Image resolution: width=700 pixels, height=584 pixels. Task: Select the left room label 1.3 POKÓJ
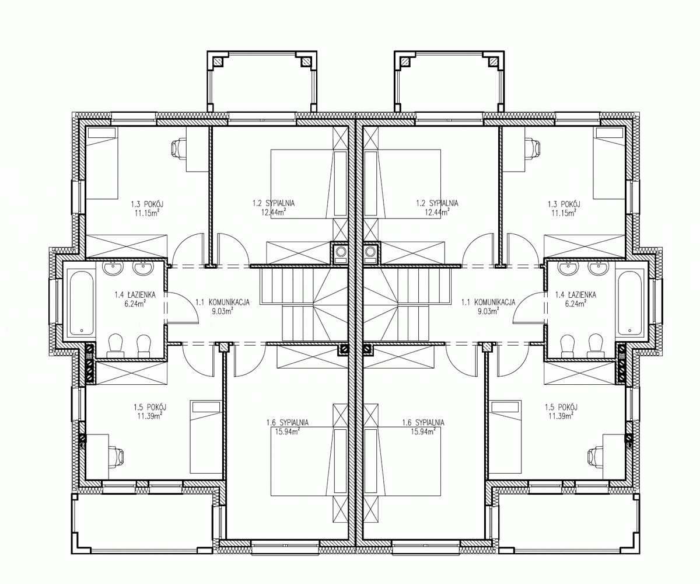coord(147,204)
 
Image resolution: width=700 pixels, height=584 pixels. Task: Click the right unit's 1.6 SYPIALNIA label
coord(423,422)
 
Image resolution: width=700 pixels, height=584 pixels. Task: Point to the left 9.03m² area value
coord(222,311)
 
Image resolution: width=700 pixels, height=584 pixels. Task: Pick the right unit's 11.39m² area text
coord(561,416)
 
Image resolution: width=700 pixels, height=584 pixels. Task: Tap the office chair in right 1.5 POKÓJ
coord(596,457)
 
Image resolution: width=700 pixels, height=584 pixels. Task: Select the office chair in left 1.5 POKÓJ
coord(116,457)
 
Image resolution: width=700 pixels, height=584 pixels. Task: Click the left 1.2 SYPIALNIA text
coord(274,203)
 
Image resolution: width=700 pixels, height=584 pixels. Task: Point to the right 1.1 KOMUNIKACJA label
coord(488,302)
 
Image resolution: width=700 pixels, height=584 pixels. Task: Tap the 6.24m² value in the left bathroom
coord(135,304)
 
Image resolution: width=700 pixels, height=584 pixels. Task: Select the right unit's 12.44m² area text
coord(437,212)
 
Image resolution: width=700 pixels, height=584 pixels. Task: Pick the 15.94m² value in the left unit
coord(288,432)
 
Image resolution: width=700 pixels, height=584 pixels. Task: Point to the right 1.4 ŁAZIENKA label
coord(576,295)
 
